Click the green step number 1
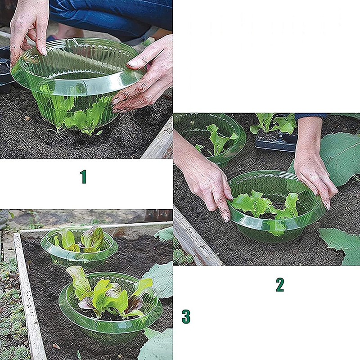pyautogui.click(x=83, y=176)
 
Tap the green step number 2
pyautogui.click(x=280, y=285)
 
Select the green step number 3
pyautogui.click(x=186, y=317)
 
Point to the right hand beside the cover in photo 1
pyautogui.click(x=147, y=76)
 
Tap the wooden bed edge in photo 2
pyautogui.click(x=195, y=239)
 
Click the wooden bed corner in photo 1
pyautogui.click(x=158, y=140)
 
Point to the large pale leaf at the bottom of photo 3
pyautogui.click(x=156, y=344)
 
